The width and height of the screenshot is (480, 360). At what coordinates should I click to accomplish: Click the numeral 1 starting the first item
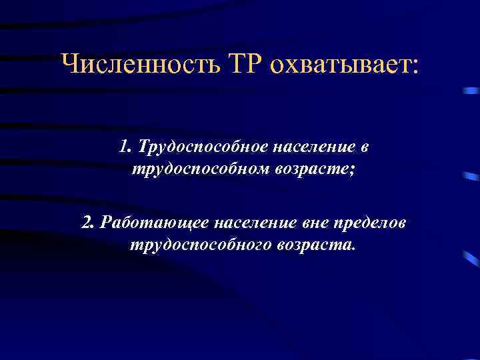123,147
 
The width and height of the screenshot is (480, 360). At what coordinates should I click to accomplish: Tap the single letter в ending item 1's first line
364,147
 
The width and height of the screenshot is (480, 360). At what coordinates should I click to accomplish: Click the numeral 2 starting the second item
85,222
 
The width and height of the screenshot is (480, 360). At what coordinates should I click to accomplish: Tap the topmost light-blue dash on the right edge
472,91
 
